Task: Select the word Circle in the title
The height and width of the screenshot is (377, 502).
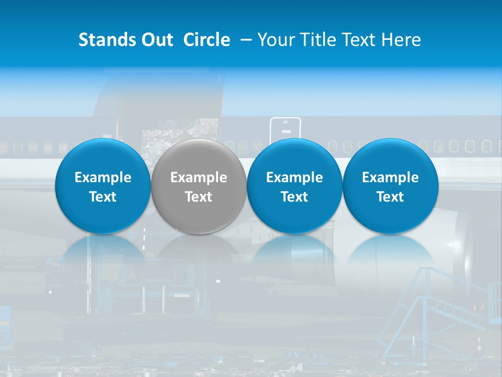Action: tap(207, 40)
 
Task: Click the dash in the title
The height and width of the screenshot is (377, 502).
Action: tap(245, 40)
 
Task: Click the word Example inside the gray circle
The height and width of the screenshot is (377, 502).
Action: tap(199, 178)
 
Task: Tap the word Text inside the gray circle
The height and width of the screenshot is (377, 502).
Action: tap(199, 197)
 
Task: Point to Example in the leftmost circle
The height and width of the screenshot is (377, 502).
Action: tap(102, 178)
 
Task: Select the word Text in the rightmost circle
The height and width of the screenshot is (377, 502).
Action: tap(390, 197)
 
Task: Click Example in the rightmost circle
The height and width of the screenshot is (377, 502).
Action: tap(390, 178)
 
